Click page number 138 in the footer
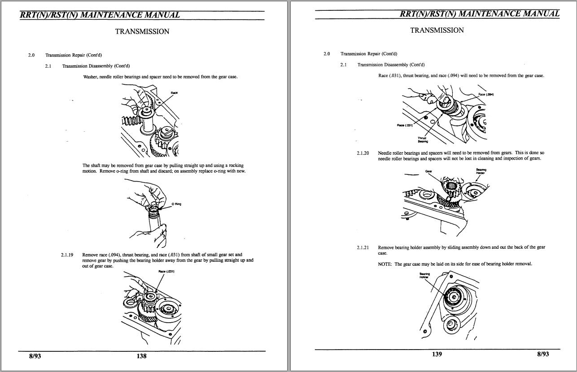141,356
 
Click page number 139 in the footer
437,354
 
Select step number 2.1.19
67,255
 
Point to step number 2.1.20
363,153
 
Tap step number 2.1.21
363,247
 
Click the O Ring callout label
176,204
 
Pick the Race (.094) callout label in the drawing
486,95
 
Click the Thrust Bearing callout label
423,140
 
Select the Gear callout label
428,171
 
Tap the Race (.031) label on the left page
166,272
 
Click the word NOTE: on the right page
385,264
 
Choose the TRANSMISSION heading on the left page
142,31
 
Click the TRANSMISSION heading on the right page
437,30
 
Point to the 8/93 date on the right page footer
543,354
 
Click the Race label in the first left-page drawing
174,93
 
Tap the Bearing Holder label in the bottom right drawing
424,276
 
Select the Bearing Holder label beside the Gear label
481,171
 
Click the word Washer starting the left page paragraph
90,77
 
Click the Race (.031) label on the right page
405,125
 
